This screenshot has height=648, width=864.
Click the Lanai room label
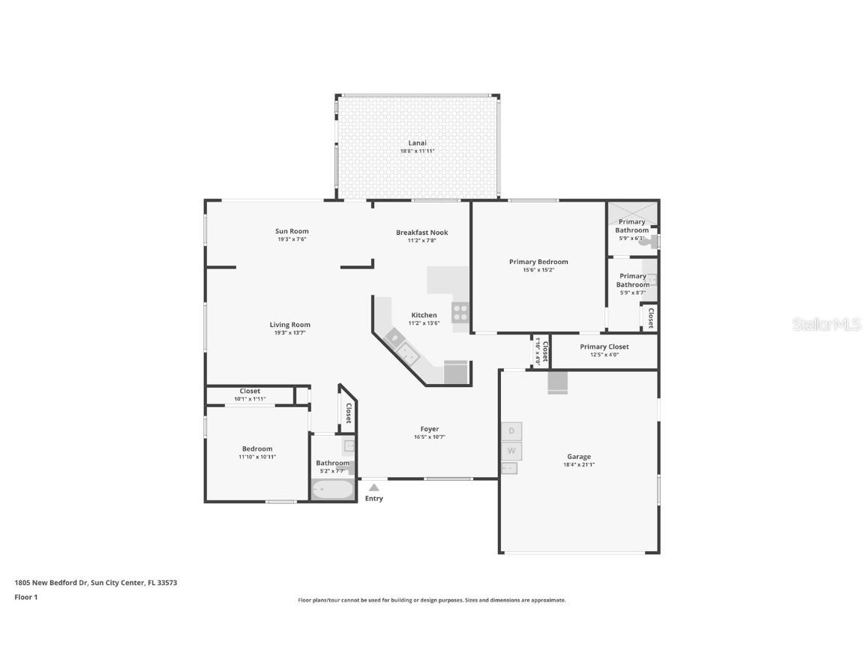coord(417,142)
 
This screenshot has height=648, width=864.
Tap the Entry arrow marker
coord(373,487)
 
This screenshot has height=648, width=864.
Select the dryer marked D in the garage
coord(511,431)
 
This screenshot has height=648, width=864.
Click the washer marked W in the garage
coord(511,451)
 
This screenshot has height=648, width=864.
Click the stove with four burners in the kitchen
coord(460,313)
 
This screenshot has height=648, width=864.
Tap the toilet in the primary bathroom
coord(643,241)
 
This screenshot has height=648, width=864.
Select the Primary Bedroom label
coord(538,262)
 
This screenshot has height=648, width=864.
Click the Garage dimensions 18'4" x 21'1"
coord(578,464)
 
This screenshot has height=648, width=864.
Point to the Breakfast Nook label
coord(421,232)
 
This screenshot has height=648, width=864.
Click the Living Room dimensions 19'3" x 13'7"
coord(289,332)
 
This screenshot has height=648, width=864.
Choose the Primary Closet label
coord(604,346)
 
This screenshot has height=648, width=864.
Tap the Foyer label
coord(429,429)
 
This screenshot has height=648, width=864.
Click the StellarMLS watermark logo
coord(826,324)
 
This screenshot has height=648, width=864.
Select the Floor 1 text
coord(25,597)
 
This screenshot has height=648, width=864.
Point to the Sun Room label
coord(292,231)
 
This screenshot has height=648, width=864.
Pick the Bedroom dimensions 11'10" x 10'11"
coord(257,456)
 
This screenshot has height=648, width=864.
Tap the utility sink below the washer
coord(509,469)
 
